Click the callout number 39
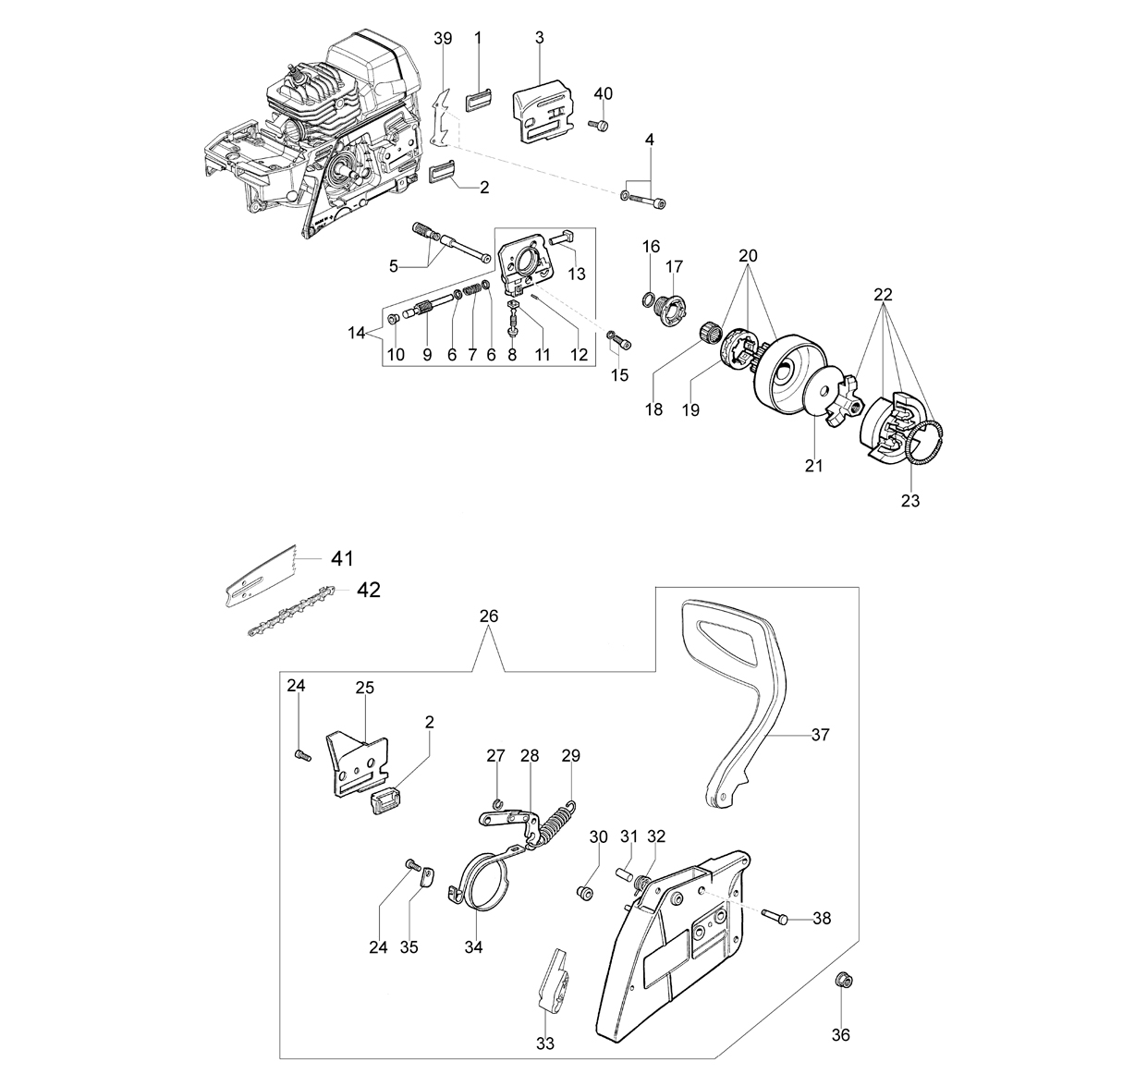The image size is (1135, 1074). (x=443, y=39)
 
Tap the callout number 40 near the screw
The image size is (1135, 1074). (x=604, y=93)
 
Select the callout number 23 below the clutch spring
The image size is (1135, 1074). (x=910, y=501)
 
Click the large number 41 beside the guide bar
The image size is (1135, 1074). (x=342, y=559)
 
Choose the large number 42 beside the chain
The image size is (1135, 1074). (x=369, y=590)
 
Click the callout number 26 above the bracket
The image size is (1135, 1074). (x=489, y=616)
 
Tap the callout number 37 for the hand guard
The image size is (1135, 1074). (x=820, y=735)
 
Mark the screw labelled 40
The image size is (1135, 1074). (x=599, y=124)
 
